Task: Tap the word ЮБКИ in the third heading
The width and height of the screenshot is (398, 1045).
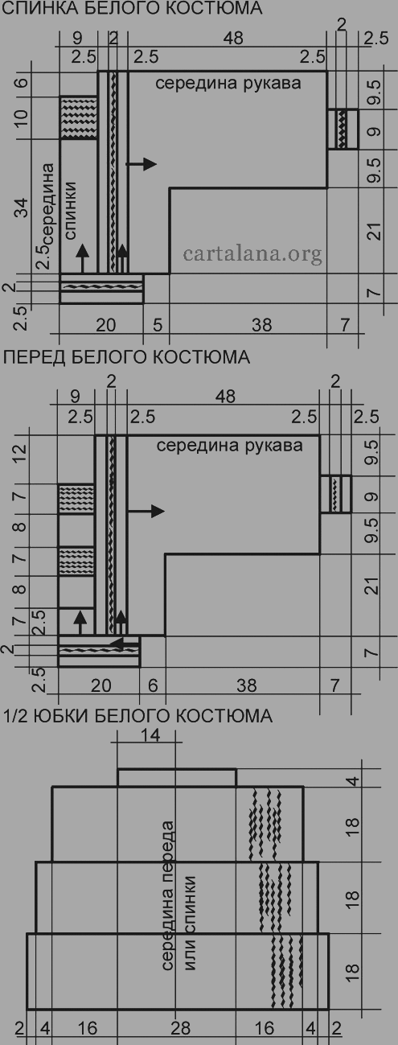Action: tap(60, 716)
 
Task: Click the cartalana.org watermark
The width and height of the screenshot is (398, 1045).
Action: tap(252, 254)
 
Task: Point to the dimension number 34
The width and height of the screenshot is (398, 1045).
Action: tap(22, 207)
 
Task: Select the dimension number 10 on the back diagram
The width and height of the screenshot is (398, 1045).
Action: tap(22, 118)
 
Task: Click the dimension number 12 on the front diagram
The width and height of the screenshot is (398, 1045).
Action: tap(20, 454)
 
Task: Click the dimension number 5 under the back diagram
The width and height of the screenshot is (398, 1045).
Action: tap(158, 325)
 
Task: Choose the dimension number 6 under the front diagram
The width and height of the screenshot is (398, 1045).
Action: tap(153, 685)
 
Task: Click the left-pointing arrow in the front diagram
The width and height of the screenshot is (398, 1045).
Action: tap(124, 644)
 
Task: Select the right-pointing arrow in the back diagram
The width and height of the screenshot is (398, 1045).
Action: tap(142, 164)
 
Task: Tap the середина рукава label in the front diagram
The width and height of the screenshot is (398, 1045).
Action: tap(229, 446)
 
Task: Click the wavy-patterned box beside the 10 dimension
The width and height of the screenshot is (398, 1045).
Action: tap(78, 118)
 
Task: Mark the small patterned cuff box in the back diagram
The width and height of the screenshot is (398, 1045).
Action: tap(343, 130)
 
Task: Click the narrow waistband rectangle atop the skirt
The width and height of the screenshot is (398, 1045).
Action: tap(177, 778)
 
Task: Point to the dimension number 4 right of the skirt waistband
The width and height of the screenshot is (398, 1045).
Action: tap(355, 780)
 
